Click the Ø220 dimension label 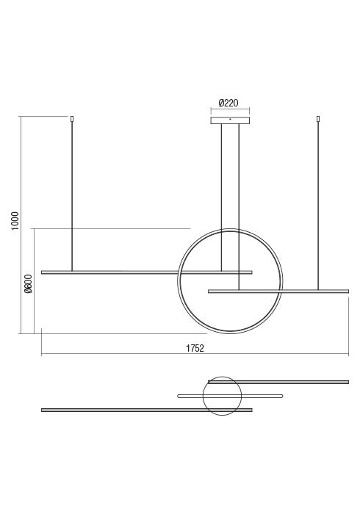pyautogui.click(x=228, y=103)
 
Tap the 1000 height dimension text pyautogui.click(x=15, y=221)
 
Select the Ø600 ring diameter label pyautogui.click(x=29, y=283)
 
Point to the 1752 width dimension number pyautogui.click(x=195, y=348)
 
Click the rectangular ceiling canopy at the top pyautogui.click(x=230, y=120)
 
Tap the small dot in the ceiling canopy pyautogui.click(x=230, y=119)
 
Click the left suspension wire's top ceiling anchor pyautogui.click(x=72, y=119)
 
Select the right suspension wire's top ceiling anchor pyautogui.click(x=317, y=119)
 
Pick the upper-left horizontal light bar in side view pyautogui.click(x=146, y=272)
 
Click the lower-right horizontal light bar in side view pyautogui.click(x=278, y=291)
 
